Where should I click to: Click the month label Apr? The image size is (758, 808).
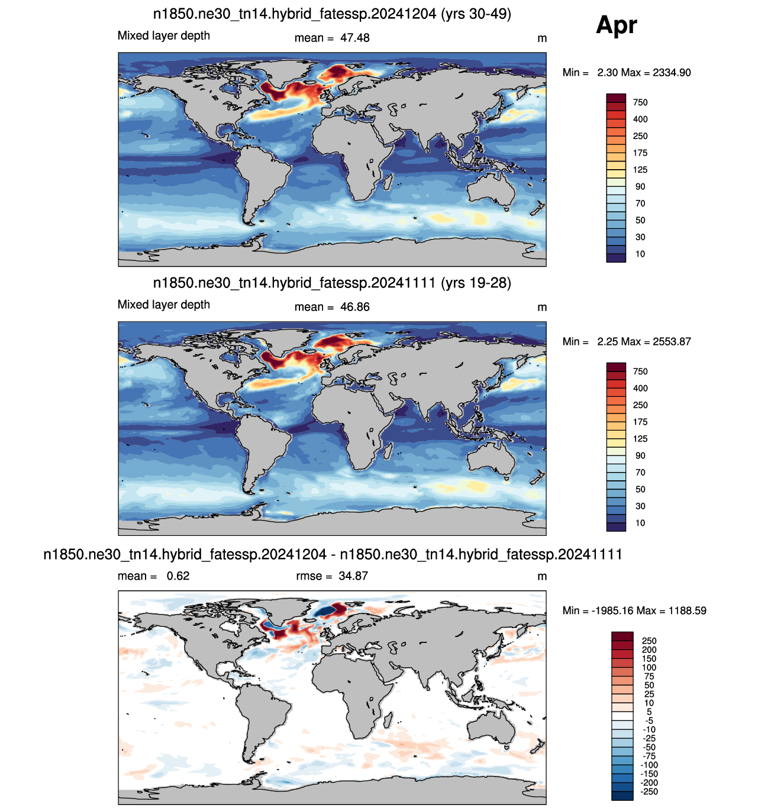(616, 26)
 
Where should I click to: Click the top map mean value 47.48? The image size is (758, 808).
(354, 38)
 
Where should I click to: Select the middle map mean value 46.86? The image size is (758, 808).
(354, 307)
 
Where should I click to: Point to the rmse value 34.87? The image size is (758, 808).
(353, 576)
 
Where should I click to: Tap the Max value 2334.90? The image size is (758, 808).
(672, 72)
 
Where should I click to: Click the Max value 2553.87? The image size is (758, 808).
(672, 341)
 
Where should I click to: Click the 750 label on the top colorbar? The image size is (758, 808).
(640, 102)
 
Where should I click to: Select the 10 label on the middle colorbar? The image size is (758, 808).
(640, 523)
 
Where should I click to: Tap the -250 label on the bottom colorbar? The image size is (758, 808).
(649, 791)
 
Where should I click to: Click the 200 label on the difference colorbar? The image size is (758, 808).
(649, 649)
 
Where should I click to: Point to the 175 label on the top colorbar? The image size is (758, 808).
(640, 153)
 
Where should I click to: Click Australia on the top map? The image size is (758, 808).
(491, 190)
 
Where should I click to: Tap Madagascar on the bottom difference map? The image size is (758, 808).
(388, 720)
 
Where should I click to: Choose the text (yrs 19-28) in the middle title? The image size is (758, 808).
(476, 283)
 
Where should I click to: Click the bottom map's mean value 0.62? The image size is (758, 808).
(178, 576)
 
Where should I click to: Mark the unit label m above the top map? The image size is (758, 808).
(541, 38)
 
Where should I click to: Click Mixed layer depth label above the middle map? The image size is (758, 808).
(164, 305)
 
